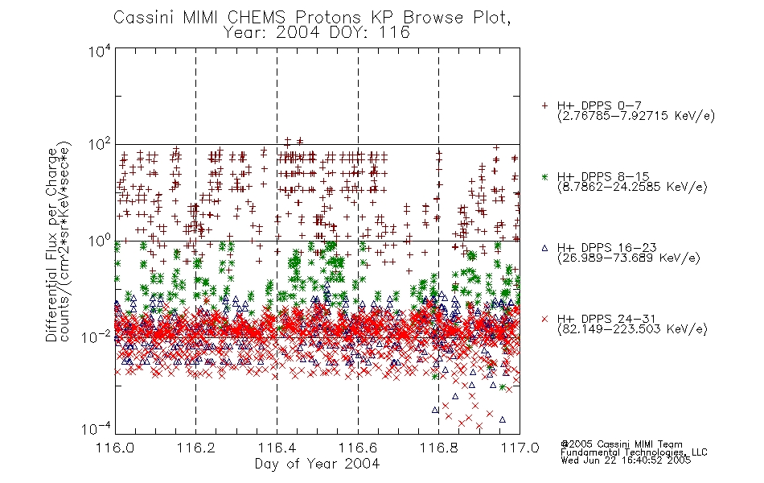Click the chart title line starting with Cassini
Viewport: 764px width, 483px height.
click(x=312, y=18)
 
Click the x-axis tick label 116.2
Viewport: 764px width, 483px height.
click(x=195, y=448)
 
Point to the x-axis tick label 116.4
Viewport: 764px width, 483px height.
click(x=277, y=448)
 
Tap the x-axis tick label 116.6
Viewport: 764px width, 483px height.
click(x=358, y=448)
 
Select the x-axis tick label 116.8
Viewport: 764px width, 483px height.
click(x=438, y=448)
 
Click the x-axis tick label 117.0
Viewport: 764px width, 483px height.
click(x=520, y=448)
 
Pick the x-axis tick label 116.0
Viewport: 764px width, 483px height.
click(x=115, y=448)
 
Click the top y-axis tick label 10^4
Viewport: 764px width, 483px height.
click(x=100, y=52)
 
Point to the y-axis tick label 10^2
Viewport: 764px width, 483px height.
click(x=100, y=145)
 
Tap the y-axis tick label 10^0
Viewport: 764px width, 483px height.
click(x=100, y=242)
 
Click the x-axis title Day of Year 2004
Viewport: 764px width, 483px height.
click(x=317, y=464)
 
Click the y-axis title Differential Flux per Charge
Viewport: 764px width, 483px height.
click(x=51, y=245)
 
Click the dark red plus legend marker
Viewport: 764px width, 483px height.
click(x=545, y=105)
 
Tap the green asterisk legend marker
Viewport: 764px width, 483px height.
click(x=545, y=176)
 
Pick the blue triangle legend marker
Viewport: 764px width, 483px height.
click(x=545, y=248)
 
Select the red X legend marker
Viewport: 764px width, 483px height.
click(x=545, y=319)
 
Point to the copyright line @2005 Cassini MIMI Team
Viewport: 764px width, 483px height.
click(x=622, y=444)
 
